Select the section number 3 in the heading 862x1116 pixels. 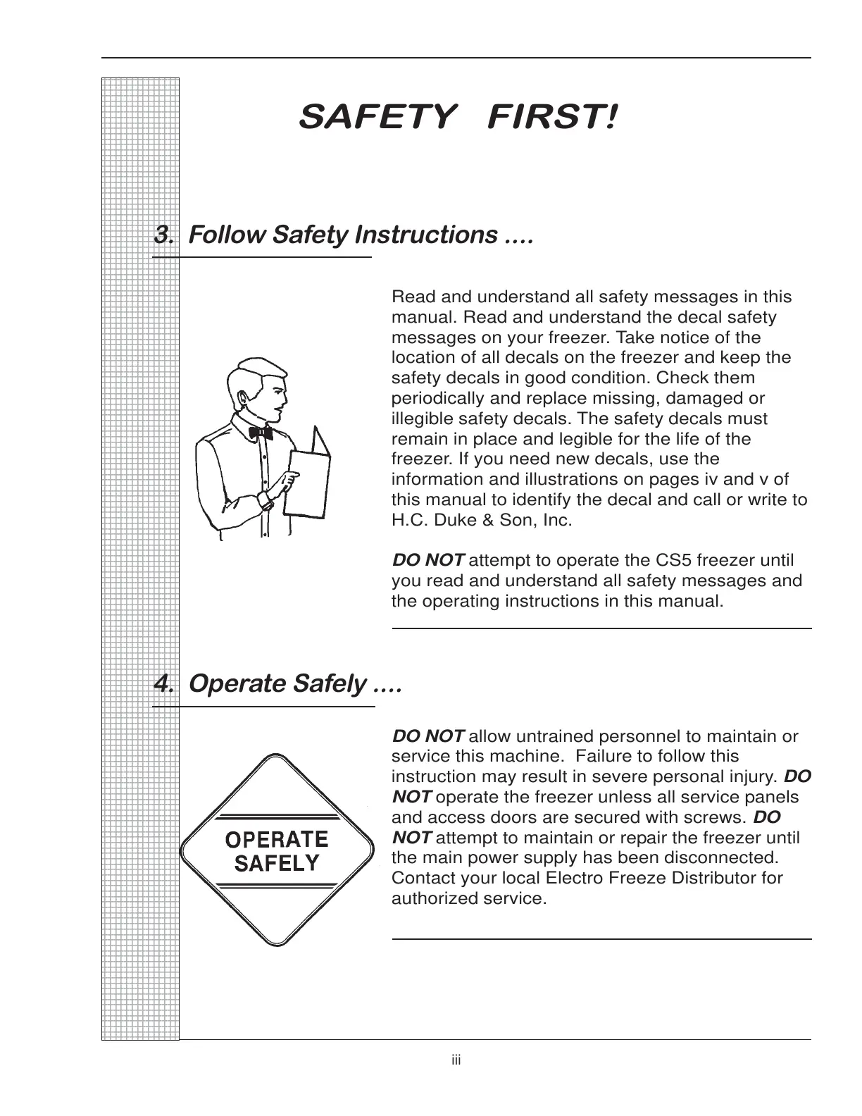pyautogui.click(x=163, y=235)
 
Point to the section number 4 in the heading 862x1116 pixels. pyautogui.click(x=163, y=683)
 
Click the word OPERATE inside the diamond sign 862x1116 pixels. pyautogui.click(x=276, y=839)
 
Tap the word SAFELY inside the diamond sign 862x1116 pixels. pyautogui.click(x=276, y=864)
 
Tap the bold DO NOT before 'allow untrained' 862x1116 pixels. pyautogui.click(x=427, y=737)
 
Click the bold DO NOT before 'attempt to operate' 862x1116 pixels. pyautogui.click(x=427, y=561)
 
